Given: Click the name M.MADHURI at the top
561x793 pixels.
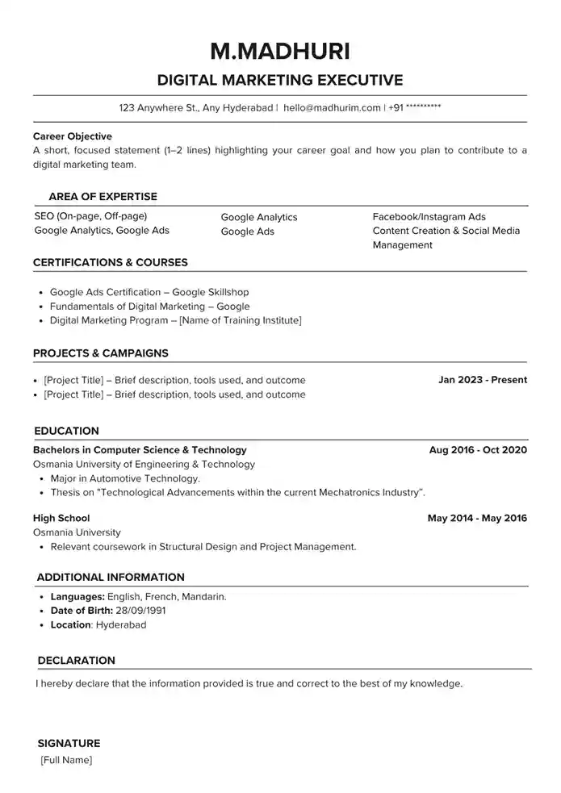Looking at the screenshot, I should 279,51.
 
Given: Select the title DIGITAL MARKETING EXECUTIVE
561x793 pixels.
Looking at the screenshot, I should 279,80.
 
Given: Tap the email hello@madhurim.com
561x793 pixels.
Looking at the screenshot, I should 332,107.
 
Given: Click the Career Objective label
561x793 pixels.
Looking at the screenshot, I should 73,136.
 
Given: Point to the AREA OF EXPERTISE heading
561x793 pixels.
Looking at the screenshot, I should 103,196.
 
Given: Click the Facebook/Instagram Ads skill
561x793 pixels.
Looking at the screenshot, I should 429,217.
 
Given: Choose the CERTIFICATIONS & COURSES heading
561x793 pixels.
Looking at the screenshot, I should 110,262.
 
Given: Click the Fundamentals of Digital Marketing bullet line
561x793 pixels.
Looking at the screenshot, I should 149,307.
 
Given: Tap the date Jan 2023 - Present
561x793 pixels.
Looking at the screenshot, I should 482,379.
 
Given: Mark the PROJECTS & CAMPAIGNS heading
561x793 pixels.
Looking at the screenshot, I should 100,353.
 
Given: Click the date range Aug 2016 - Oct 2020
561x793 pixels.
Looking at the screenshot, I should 478,449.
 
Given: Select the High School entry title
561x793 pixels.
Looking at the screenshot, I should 61,518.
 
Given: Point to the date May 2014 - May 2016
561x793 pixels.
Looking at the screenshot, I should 477,518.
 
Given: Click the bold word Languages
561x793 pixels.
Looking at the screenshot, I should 75,597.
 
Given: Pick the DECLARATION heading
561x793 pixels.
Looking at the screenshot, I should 76,660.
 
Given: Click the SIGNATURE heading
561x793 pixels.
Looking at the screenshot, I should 69,743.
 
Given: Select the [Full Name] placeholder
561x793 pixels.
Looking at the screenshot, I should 66,760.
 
